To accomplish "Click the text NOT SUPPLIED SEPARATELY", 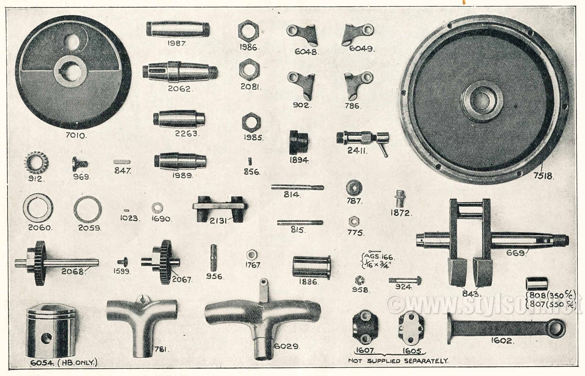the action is coord(399,361).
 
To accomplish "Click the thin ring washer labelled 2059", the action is coord(87,210).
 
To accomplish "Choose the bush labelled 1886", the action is coord(312,266).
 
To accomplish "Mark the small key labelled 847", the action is coord(121,162).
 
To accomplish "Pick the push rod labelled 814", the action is coord(298,187).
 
